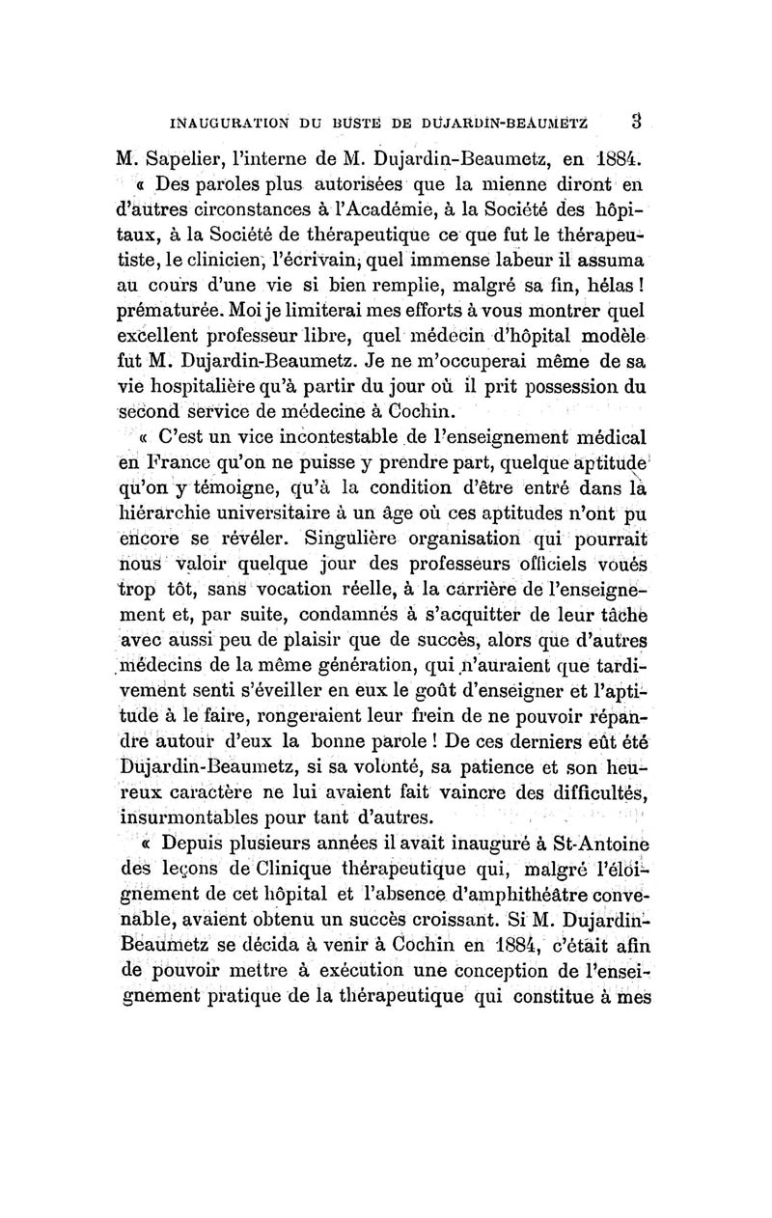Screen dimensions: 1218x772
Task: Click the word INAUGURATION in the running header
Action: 224,123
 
